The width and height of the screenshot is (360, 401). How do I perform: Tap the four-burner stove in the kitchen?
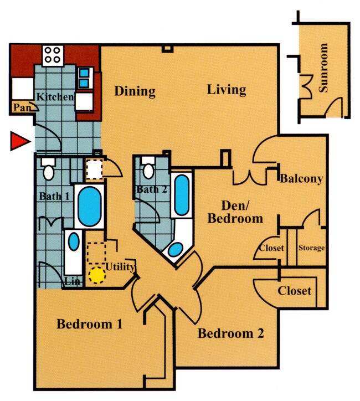click(53, 54)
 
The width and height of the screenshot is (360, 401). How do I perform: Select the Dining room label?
click(135, 91)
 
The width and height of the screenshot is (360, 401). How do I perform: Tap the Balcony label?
click(301, 178)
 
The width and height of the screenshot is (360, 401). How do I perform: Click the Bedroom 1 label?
click(89, 324)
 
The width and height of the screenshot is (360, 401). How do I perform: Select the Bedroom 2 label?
click(230, 333)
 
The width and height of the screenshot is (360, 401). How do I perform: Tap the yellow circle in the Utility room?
click(97, 275)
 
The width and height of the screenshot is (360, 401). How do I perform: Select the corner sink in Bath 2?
click(174, 250)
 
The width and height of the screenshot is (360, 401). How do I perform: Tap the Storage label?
click(311, 248)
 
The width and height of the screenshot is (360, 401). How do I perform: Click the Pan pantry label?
click(22, 108)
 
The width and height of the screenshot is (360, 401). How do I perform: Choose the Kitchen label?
click(55, 97)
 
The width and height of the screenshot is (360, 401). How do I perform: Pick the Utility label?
click(120, 268)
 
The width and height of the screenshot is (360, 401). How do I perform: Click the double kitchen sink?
click(84, 78)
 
